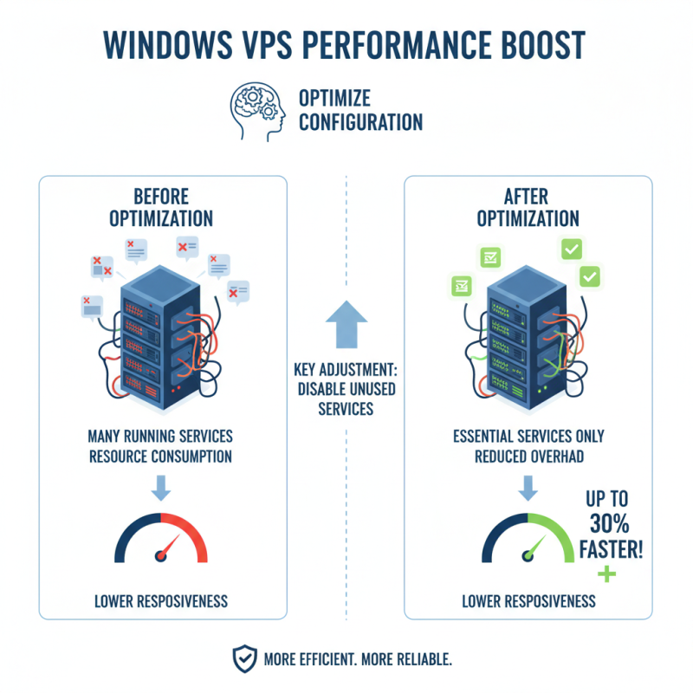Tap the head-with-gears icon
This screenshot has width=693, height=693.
tap(256, 110)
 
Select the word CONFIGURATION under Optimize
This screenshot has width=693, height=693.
tap(360, 122)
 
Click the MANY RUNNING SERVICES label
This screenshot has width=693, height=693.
tap(161, 437)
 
